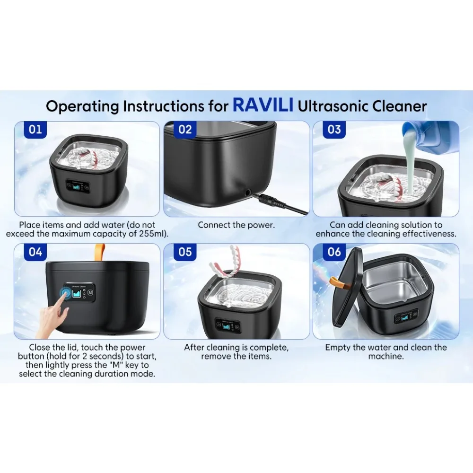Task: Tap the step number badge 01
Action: pyautogui.click(x=35, y=130)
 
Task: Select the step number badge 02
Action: pyautogui.click(x=185, y=130)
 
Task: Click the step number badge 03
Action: pyautogui.click(x=334, y=130)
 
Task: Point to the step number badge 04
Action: pyautogui.click(x=35, y=252)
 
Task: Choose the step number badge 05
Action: pyautogui.click(x=185, y=252)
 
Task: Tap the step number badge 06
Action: pyautogui.click(x=334, y=252)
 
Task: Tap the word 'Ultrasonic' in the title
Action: pyautogui.click(x=331, y=106)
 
